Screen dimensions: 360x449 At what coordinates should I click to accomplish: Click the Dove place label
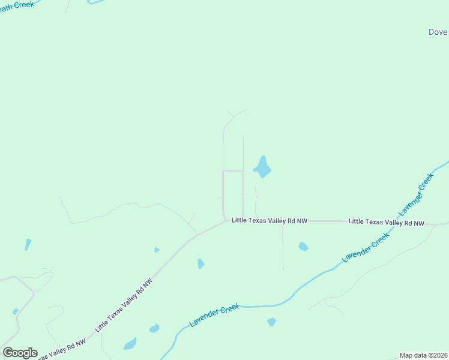pyautogui.click(x=438, y=32)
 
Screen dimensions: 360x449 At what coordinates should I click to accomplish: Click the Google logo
pyautogui.click(x=20, y=353)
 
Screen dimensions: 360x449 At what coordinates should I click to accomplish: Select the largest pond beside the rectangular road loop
pyautogui.click(x=262, y=167)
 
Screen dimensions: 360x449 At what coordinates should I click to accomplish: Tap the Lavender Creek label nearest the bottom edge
pyautogui.click(x=214, y=315)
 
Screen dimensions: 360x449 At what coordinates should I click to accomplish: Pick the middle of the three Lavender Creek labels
pyautogui.click(x=366, y=247)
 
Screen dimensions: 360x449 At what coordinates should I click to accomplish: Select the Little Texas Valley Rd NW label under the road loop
pyautogui.click(x=270, y=221)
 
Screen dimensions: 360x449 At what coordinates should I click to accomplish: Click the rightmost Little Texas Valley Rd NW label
pyautogui.click(x=386, y=222)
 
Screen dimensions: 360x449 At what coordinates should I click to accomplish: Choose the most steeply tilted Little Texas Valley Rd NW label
pyautogui.click(x=124, y=305)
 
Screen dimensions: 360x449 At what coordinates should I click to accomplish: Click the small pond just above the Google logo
pyautogui.click(x=15, y=311)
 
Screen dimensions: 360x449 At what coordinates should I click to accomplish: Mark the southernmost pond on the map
pyautogui.click(x=130, y=344)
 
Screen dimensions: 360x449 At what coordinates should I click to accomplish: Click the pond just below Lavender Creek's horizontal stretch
pyautogui.click(x=271, y=322)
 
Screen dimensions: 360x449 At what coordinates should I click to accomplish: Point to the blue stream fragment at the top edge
pyautogui.click(x=97, y=2)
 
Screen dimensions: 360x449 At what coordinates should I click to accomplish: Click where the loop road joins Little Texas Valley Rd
pyautogui.click(x=225, y=220)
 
